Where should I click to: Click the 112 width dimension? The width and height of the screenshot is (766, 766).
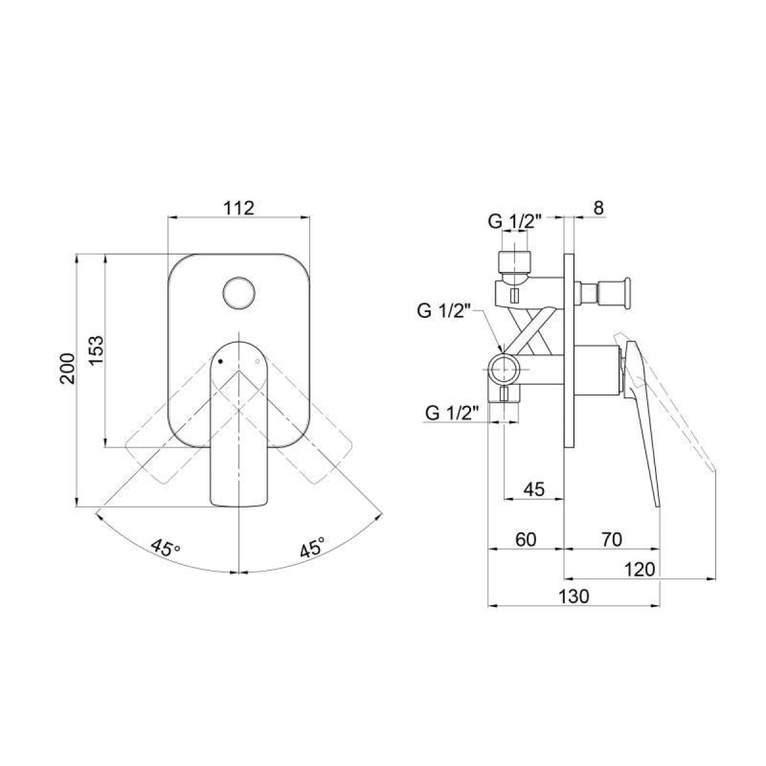coord(239,208)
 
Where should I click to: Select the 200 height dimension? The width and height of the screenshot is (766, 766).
coord(68,368)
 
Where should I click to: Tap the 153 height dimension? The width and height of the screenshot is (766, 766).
coord(96,350)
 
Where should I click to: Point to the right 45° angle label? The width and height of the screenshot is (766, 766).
coord(312,548)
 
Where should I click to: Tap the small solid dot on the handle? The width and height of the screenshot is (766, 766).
coord(220,361)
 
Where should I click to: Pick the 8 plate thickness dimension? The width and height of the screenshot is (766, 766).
coord(597,207)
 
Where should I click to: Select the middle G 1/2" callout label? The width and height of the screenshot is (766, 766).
coord(444,312)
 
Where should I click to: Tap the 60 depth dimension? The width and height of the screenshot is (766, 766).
coord(525,539)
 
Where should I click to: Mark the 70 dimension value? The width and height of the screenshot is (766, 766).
coord(611,539)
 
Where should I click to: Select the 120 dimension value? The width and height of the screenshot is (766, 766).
coord(641,569)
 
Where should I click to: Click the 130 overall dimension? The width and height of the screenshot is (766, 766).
coord(574,597)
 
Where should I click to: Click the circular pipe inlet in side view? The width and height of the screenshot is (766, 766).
coord(504,369)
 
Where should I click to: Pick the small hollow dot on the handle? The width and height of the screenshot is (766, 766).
coord(257,362)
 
